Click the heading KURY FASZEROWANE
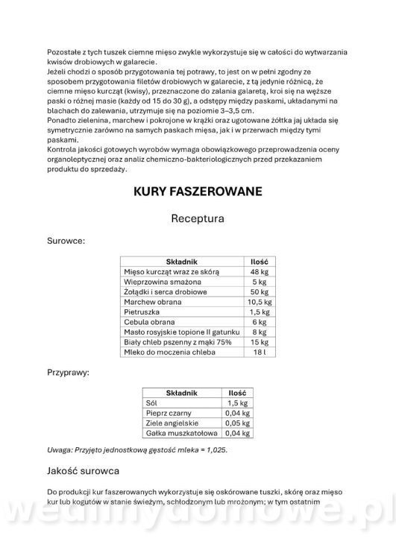[x=198, y=192]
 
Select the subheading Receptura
[x=198, y=219]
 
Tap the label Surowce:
[x=66, y=241]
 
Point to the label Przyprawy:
[x=69, y=370]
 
